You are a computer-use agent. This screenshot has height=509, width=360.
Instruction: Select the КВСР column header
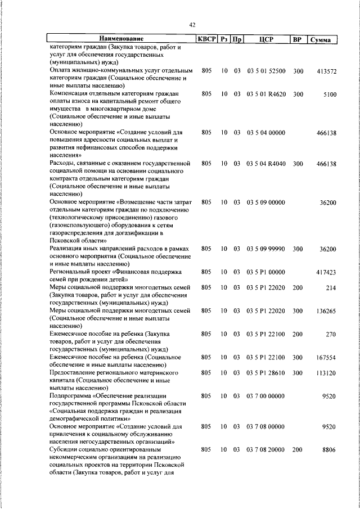[x=206, y=39]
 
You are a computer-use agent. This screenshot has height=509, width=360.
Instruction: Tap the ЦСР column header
[x=266, y=39]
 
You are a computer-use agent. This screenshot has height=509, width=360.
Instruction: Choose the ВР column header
[x=298, y=39]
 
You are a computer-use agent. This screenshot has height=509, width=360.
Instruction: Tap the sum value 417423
[x=326, y=272]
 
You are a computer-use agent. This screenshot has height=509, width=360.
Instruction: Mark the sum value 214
[x=331, y=287]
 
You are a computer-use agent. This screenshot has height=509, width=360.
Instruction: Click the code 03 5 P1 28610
[x=266, y=372]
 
